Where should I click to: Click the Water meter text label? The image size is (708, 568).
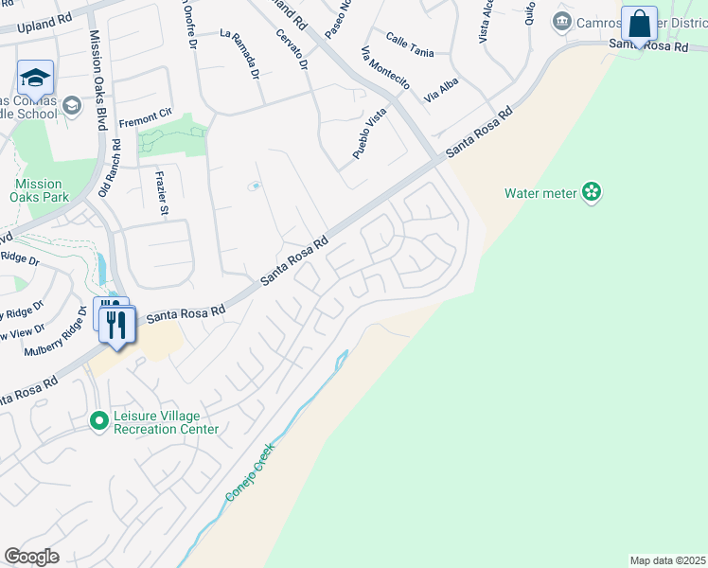tap(540, 193)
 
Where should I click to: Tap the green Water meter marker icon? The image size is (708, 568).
tap(592, 193)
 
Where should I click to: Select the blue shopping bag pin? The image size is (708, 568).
tap(640, 24)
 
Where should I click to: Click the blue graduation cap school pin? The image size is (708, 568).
tap(34, 78)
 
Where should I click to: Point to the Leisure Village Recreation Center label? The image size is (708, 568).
tap(166, 422)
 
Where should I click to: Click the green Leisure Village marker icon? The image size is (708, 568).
tap(98, 419)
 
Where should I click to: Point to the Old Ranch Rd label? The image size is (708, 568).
tap(116, 168)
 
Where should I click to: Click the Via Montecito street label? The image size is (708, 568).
tap(385, 69)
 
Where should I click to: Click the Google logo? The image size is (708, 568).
tap(31, 557)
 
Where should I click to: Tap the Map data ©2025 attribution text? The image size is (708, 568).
tap(667, 560)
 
